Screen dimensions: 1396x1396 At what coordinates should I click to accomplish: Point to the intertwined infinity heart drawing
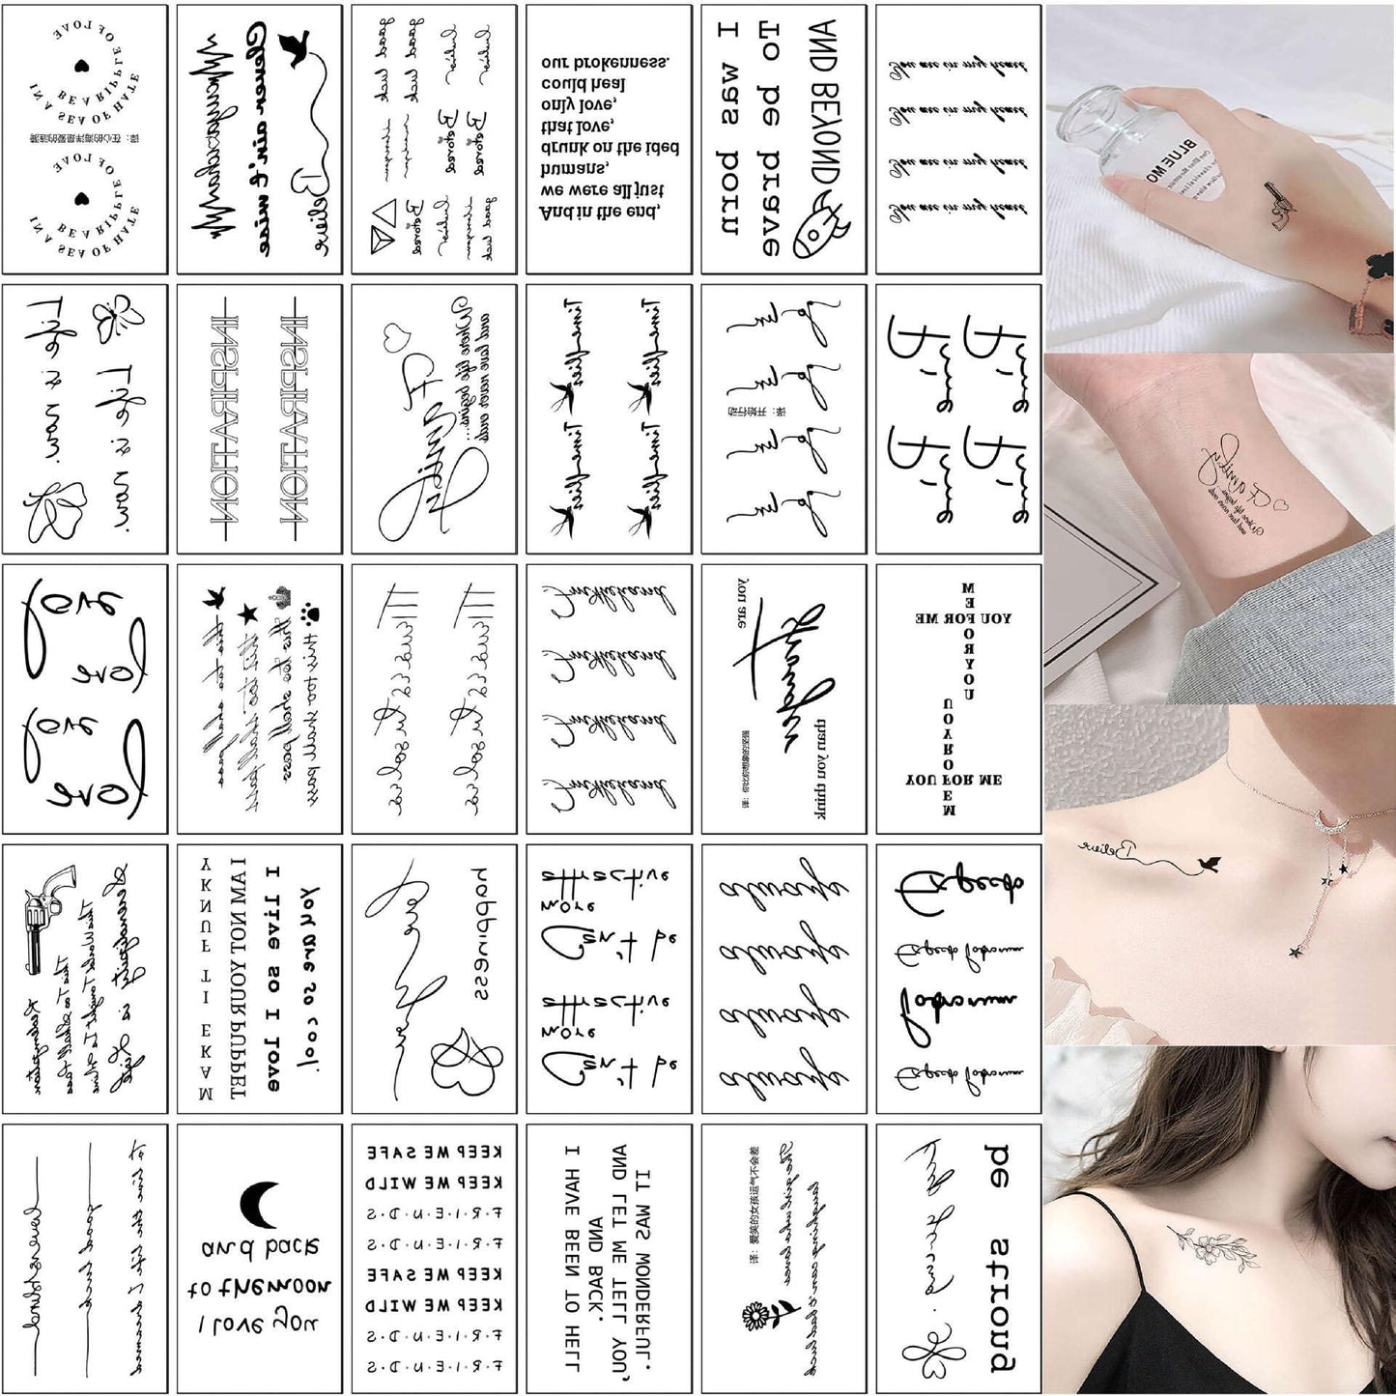click(x=467, y=1063)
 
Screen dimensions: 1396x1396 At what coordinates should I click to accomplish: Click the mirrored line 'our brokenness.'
click(x=606, y=62)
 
